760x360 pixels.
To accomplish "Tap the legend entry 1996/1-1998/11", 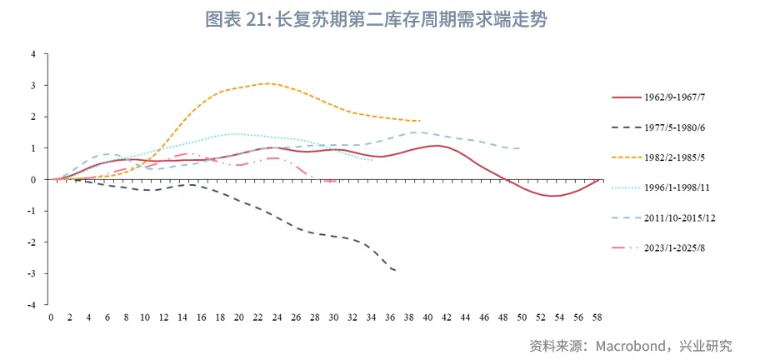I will (x=670, y=187).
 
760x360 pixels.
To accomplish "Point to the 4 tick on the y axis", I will (x=33, y=54).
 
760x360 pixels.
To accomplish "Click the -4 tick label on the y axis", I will (x=32, y=306).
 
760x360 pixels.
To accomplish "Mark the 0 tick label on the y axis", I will (x=33, y=180).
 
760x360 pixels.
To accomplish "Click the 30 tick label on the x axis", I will (x=334, y=317).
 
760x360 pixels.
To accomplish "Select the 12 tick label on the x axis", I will (x=164, y=317).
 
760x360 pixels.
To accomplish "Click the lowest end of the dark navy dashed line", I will (x=395, y=271).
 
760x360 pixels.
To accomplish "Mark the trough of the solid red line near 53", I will (x=552, y=196).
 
